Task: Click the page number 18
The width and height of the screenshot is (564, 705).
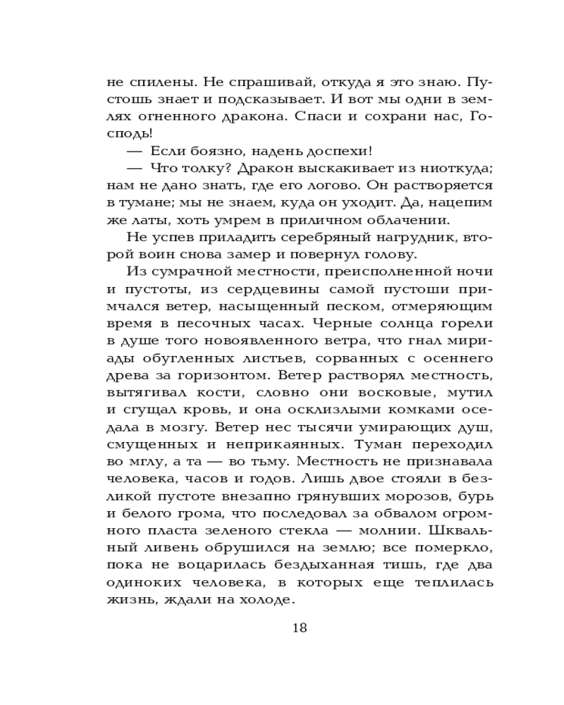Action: coord(300,628)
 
